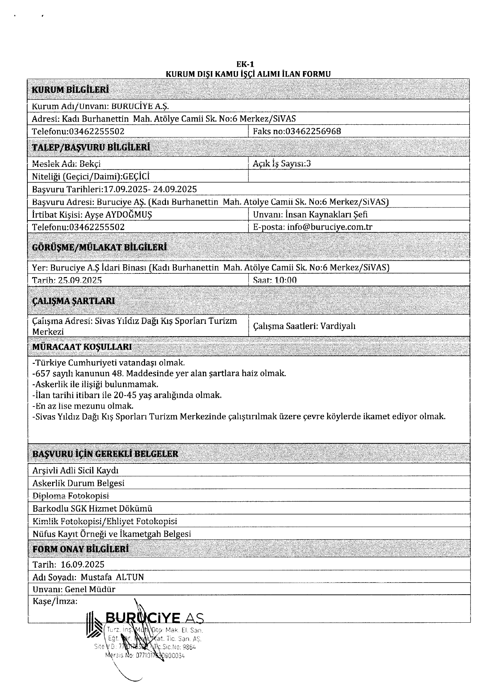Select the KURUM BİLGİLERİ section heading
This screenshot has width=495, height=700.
tap(70, 90)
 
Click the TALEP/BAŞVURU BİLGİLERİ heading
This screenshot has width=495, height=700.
tap(91, 147)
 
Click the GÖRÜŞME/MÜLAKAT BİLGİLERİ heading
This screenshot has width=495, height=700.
tap(100, 248)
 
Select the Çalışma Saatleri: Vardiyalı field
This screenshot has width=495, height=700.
tap(304, 326)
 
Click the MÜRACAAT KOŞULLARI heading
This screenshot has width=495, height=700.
tap(82, 347)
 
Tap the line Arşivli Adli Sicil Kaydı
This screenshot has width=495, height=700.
tap(76, 471)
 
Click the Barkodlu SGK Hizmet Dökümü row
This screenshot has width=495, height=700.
tap(92, 509)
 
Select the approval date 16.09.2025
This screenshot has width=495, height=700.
tap(82, 565)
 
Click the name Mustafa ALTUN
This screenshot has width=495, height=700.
tap(112, 577)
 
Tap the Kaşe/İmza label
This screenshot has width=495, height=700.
tap(55, 602)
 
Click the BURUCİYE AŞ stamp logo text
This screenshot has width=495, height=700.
tap(153, 618)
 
